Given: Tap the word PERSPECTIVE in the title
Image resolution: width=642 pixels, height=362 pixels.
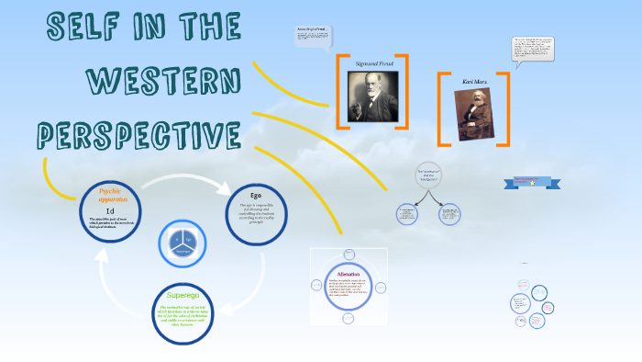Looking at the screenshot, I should tap(138, 135).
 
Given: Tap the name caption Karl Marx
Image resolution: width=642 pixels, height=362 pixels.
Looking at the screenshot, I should tap(475, 82).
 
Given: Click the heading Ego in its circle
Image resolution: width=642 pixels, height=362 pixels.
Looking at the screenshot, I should tap(256, 195).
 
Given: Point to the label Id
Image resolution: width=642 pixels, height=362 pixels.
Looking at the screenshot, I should tap(110, 210).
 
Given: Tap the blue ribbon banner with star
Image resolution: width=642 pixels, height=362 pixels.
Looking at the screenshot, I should tap(531, 183).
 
